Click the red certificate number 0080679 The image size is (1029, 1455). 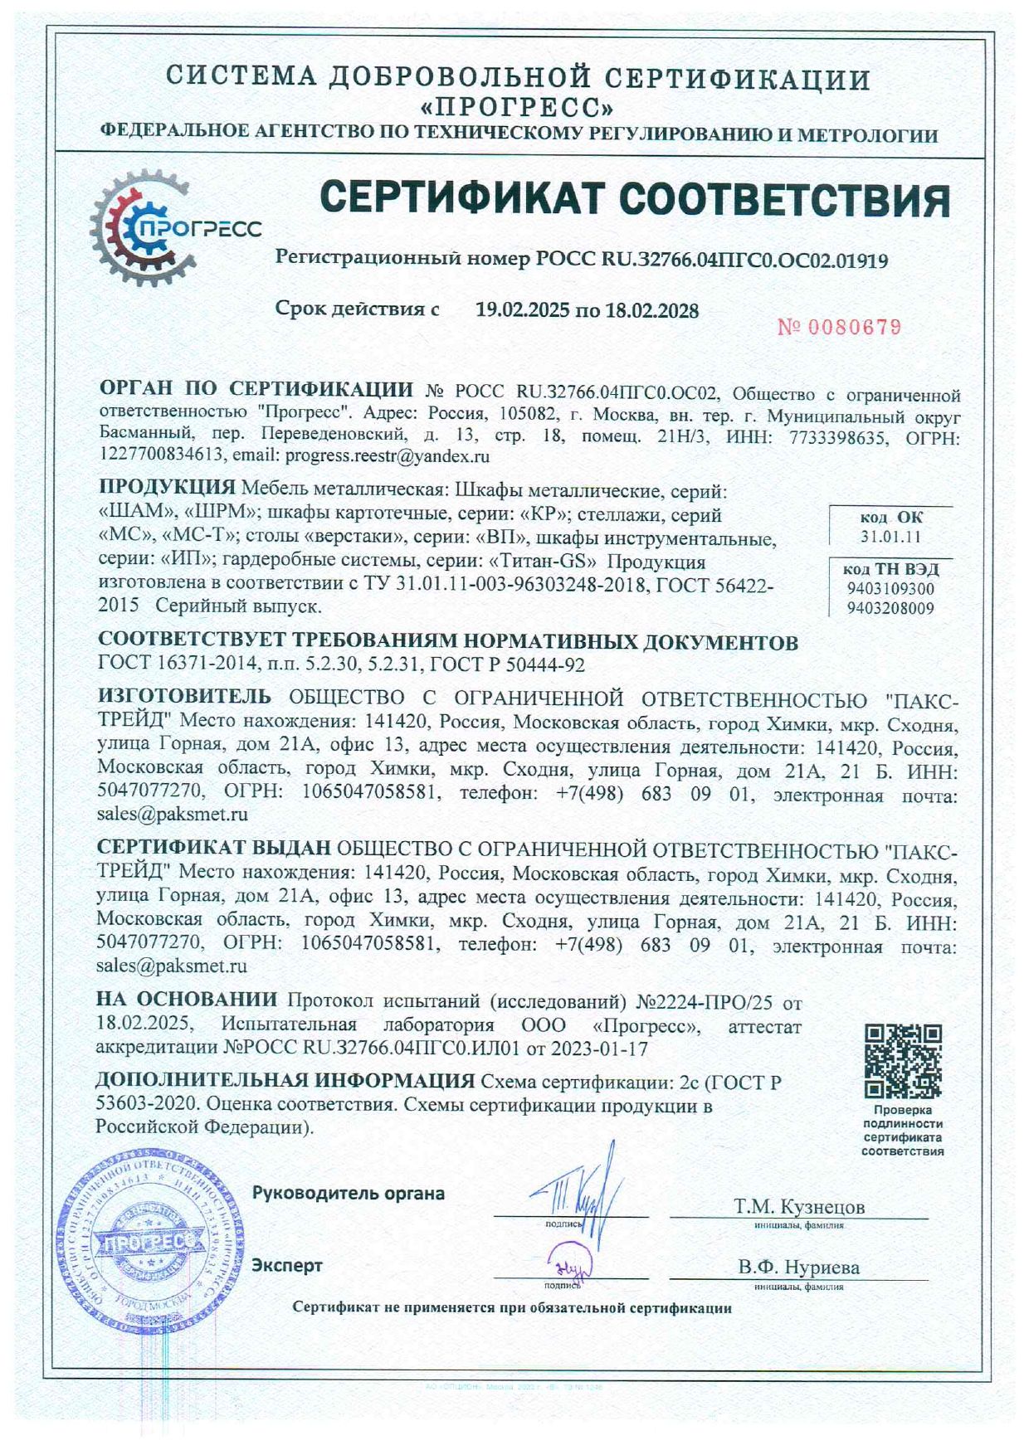840,328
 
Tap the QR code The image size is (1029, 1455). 903,1061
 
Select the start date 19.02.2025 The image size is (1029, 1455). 522,311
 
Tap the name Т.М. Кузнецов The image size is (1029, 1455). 798,1206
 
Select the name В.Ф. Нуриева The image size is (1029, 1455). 798,1268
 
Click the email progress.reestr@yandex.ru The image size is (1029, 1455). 387,456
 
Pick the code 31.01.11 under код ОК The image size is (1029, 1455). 890,536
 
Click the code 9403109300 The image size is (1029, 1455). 890,589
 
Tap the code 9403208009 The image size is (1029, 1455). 890,608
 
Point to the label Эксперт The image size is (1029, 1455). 287,1266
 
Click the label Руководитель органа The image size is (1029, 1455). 348,1194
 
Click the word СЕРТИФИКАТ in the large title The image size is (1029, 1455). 461,200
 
